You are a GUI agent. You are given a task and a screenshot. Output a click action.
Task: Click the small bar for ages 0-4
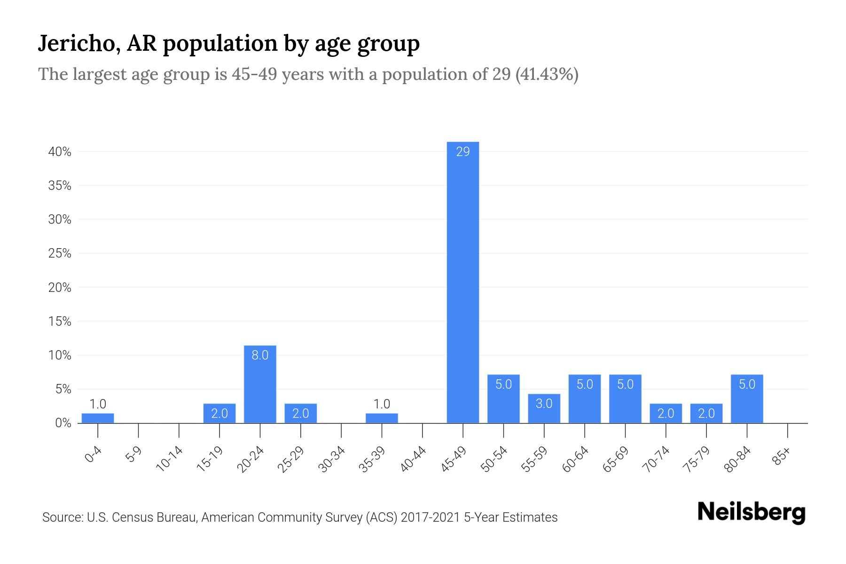(x=98, y=418)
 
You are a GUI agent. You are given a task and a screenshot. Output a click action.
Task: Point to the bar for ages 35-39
(x=382, y=418)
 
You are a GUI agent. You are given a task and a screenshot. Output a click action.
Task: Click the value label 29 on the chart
(x=463, y=152)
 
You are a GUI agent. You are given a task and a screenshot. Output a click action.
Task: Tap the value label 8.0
(x=260, y=355)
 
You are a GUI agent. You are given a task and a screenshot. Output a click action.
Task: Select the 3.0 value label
(x=544, y=403)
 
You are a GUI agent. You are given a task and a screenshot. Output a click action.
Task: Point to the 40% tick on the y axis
(x=60, y=152)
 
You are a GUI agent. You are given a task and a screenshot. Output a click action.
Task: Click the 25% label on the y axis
(x=60, y=254)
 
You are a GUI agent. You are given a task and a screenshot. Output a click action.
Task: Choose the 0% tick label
(x=63, y=423)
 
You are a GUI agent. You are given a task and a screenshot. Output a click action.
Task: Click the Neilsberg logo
(x=751, y=512)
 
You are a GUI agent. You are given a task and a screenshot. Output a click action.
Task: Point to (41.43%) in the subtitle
(x=547, y=74)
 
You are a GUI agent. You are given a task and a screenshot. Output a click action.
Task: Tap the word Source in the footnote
(x=62, y=517)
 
